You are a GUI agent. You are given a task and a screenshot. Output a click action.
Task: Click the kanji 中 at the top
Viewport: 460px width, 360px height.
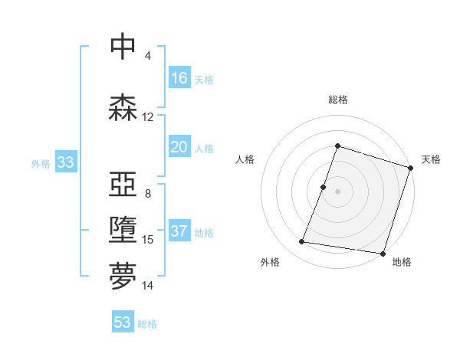[123, 47]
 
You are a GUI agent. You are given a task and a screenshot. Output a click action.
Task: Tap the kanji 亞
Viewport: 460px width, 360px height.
[123, 184]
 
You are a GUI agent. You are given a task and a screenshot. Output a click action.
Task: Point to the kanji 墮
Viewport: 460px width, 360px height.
[123, 230]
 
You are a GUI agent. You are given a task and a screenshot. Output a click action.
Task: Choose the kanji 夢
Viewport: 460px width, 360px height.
[123, 275]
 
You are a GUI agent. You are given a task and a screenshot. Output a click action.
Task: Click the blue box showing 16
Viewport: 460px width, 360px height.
[179, 78]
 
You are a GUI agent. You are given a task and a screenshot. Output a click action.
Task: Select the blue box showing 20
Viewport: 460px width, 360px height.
[179, 147]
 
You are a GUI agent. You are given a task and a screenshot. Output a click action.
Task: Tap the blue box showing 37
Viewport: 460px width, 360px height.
[179, 231]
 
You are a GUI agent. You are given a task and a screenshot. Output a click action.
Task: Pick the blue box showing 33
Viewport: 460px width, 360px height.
[65, 162]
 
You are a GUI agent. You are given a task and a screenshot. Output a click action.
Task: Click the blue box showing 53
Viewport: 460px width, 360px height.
[123, 322]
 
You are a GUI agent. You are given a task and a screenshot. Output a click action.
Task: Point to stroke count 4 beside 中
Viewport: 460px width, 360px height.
[148, 56]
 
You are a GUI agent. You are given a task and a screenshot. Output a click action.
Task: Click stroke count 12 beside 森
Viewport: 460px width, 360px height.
[148, 117]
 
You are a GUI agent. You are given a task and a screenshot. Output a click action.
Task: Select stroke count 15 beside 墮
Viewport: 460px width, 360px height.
[148, 240]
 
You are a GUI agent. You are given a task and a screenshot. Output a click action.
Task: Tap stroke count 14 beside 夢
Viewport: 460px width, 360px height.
[148, 286]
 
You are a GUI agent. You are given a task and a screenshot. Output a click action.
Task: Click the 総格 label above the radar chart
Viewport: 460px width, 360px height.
[337, 100]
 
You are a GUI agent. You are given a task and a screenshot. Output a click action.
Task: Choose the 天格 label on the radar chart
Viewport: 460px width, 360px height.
[431, 159]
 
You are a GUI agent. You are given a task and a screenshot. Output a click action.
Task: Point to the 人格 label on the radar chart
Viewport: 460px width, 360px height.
[245, 159]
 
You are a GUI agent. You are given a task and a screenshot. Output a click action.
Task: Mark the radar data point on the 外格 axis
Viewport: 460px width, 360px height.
[302, 242]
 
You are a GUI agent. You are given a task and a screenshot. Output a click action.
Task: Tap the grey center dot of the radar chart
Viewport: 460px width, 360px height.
[337, 191]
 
